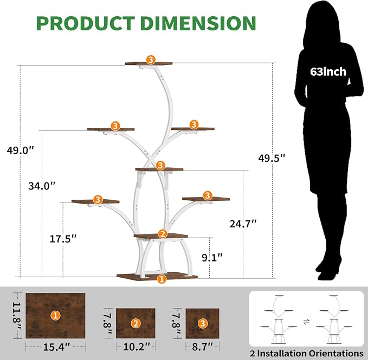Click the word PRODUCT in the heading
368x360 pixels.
click(86, 23)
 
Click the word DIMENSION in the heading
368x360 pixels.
click(198, 23)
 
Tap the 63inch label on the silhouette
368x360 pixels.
click(328, 71)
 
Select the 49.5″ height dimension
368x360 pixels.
click(272, 158)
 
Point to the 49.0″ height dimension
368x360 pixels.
click(21, 150)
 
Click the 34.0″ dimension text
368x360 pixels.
click(42, 186)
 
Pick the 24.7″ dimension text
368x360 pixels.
click(243, 224)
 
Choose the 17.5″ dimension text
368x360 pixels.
click(63, 239)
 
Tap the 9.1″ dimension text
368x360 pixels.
click(212, 257)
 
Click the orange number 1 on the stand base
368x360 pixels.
click(162, 279)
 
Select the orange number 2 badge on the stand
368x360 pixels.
click(163, 234)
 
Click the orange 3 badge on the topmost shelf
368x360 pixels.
click(151, 60)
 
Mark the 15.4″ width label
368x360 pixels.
click(56, 347)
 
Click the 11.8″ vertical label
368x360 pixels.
click(16, 316)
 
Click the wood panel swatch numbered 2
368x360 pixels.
click(135, 323)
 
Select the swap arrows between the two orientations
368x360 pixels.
click(306, 322)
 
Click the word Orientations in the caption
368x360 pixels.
click(336, 353)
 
